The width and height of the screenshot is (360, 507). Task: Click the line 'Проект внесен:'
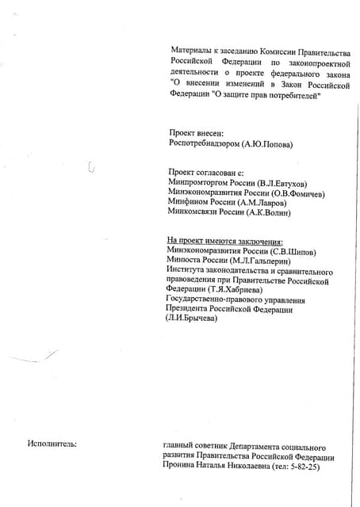[x=197, y=133]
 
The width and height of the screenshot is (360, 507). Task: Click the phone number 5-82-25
[x=304, y=467]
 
